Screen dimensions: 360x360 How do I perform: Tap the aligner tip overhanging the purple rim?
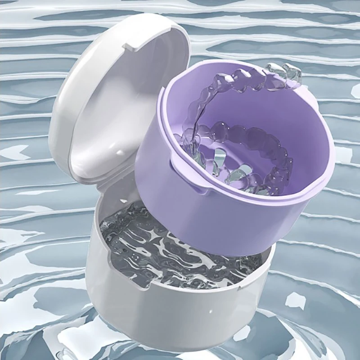288,72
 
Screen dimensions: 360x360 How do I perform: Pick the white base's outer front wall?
180,315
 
